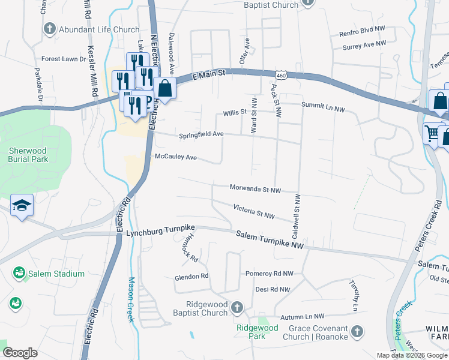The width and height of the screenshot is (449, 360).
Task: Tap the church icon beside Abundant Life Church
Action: (x=50, y=29)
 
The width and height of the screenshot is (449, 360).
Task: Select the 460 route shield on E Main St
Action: (x=281, y=74)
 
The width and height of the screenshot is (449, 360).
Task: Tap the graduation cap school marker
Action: (x=22, y=205)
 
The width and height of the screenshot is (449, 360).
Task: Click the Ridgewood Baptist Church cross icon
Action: (x=237, y=308)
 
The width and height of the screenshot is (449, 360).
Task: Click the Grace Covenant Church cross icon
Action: (x=357, y=331)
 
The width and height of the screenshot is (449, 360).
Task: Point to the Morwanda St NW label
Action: (x=255, y=188)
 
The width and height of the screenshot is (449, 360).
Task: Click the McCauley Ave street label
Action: (x=176, y=157)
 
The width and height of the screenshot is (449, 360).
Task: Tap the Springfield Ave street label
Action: (x=201, y=135)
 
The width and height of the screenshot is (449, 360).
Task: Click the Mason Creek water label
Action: (x=131, y=299)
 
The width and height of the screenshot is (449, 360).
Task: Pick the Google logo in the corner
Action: (x=20, y=353)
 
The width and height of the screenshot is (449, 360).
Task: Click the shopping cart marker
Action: (x=432, y=132)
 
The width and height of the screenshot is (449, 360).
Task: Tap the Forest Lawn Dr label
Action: (x=64, y=59)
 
